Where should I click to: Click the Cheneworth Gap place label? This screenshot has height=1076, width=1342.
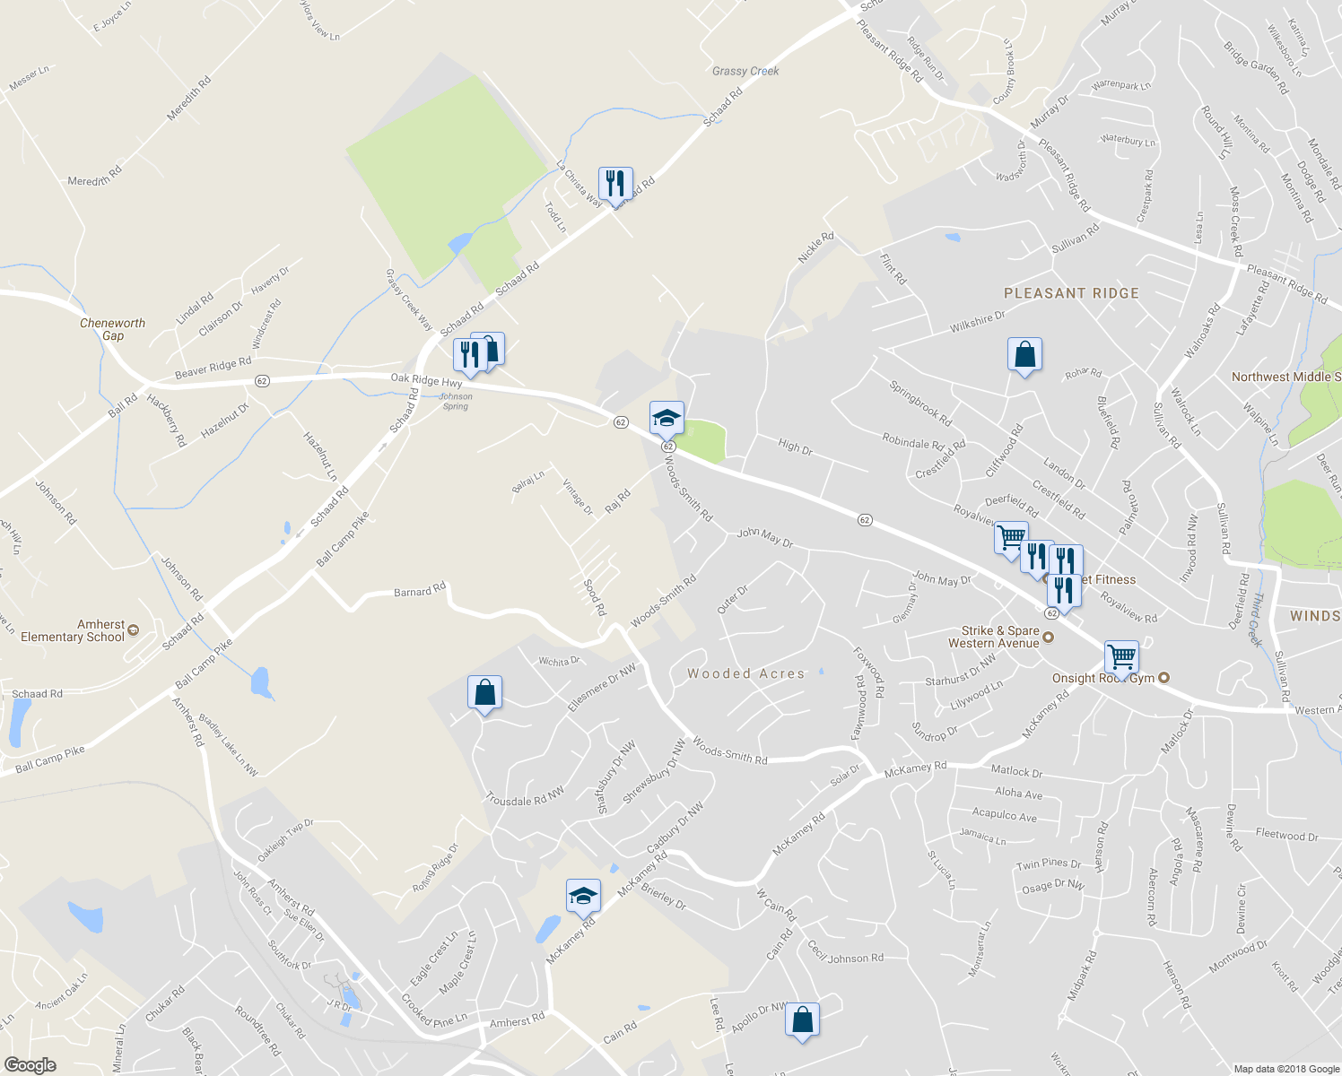click(x=112, y=329)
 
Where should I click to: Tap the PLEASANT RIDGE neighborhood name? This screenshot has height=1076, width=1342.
click(x=1071, y=293)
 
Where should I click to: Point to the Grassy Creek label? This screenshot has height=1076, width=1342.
click(x=745, y=71)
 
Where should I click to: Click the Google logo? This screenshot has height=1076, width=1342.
click(x=30, y=1065)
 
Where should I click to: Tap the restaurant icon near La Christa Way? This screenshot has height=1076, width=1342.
click(x=615, y=184)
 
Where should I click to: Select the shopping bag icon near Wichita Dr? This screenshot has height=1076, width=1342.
click(x=484, y=693)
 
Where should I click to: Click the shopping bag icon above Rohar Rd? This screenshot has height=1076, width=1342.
click(x=1024, y=355)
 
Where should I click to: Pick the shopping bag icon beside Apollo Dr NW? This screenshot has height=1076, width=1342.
click(x=802, y=1020)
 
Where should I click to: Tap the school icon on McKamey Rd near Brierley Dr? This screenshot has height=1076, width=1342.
click(x=583, y=896)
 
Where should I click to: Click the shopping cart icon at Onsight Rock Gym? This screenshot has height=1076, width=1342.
click(x=1121, y=657)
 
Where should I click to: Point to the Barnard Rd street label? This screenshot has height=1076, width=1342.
click(x=420, y=592)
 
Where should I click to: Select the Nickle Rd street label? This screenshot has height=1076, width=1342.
click(x=815, y=247)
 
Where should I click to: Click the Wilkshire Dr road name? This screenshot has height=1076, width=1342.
click(x=978, y=322)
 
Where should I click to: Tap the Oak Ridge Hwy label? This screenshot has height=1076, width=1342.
click(x=426, y=380)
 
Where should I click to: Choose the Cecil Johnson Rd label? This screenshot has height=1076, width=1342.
click(x=845, y=953)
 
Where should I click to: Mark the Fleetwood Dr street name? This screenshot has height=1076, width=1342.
click(x=1286, y=835)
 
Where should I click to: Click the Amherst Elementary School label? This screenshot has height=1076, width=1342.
click(x=74, y=630)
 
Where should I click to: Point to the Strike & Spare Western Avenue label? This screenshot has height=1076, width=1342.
click(x=993, y=637)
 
